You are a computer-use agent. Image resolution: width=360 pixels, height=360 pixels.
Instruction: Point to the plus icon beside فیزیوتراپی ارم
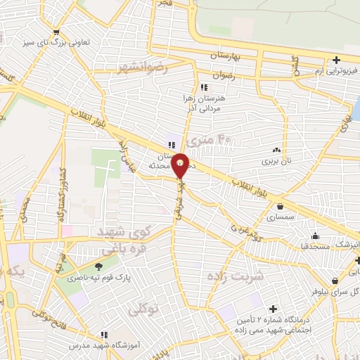[337, 60]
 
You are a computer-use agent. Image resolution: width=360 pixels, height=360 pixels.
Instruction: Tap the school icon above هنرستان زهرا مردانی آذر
[204, 88]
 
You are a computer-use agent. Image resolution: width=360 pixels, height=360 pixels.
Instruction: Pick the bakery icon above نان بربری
[276, 150]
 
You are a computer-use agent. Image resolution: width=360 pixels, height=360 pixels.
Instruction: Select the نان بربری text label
[276, 162]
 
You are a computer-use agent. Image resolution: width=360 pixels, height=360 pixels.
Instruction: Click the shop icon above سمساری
[281, 207]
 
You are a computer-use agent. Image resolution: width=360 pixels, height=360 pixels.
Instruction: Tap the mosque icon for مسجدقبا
[314, 236]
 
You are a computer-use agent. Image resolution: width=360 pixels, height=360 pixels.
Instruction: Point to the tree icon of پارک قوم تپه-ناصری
[98, 266]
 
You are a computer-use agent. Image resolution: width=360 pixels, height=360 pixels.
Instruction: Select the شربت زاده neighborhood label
[235, 276]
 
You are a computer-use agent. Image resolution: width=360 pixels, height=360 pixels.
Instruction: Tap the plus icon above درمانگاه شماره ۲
[273, 308]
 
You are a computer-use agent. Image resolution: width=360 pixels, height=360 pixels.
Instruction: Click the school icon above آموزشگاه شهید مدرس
[104, 335]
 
